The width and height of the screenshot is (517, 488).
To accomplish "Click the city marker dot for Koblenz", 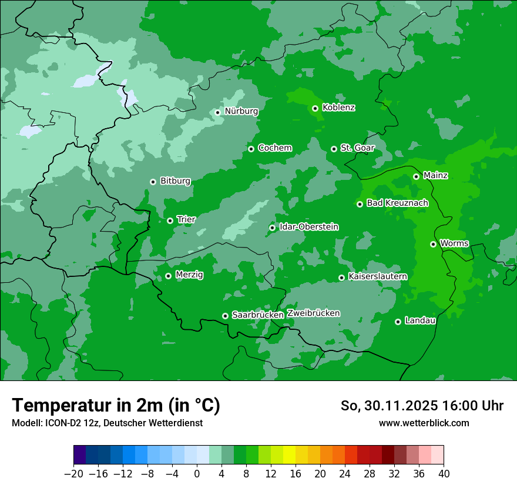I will click(x=315, y=108).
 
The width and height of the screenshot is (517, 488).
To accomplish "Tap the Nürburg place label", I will click(x=241, y=111).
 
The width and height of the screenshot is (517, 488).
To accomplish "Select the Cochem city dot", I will click(x=251, y=149).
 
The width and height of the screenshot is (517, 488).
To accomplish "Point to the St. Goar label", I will click(x=357, y=148).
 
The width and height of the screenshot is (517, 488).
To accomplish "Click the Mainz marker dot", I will click(x=416, y=176).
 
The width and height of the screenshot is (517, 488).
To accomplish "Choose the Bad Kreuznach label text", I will click(x=397, y=203).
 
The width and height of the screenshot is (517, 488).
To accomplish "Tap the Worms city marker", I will click(x=433, y=244).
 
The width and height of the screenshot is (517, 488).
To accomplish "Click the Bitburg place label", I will click(x=175, y=181).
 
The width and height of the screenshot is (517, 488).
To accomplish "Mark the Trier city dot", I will click(x=170, y=220).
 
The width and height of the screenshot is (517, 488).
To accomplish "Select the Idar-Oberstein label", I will click(x=308, y=226).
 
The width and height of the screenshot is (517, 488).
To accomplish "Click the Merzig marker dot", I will click(x=168, y=276).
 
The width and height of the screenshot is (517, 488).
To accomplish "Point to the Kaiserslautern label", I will click(x=377, y=276).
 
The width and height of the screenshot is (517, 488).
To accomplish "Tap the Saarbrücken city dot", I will click(x=225, y=316).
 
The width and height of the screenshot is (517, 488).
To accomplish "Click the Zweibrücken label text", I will click(x=313, y=313).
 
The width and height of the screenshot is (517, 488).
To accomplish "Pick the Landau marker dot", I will click(x=398, y=322).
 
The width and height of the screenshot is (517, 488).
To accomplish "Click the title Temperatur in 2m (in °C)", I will click(x=116, y=406).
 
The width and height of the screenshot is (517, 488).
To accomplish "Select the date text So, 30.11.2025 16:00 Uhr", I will click(x=422, y=406).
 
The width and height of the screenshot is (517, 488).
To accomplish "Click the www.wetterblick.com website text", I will click(x=424, y=423).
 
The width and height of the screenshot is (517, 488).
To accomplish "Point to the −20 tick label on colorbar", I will click(x=73, y=474).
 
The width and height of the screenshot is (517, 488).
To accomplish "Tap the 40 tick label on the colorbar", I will click(x=444, y=474).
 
